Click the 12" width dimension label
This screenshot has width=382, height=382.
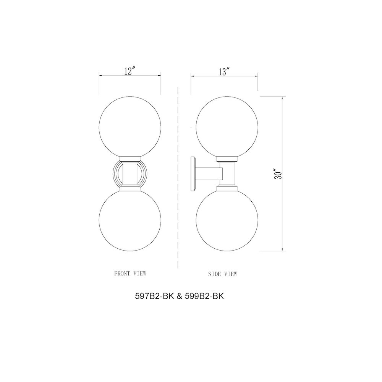130,71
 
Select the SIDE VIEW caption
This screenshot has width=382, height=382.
223,274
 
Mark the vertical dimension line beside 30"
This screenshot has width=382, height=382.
283,214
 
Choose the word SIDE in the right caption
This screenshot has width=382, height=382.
215,274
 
